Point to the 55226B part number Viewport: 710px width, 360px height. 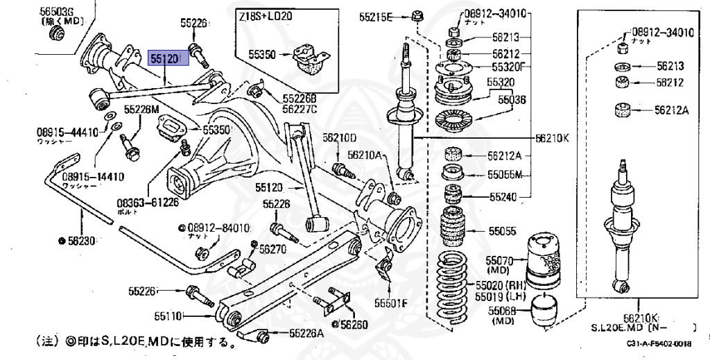(x=300, y=98)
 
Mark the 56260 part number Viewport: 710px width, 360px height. (x=354, y=323)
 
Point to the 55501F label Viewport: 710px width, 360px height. (x=393, y=302)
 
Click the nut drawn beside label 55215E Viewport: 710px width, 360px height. (x=419, y=15)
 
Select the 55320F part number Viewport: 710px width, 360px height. (x=509, y=67)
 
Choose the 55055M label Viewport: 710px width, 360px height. (x=504, y=174)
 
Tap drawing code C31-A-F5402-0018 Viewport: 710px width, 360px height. (x=659, y=344)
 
